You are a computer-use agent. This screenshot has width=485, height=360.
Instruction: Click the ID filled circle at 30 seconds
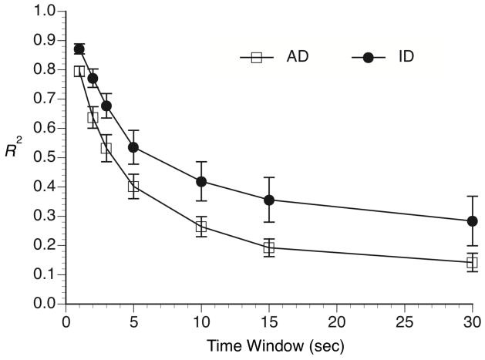[472, 221]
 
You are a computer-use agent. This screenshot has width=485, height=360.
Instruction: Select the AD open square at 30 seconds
[472, 262]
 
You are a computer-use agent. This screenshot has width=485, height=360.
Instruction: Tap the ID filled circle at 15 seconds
[269, 200]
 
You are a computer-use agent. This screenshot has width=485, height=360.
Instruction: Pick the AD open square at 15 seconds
[269, 247]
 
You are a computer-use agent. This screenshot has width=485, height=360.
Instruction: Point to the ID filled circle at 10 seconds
[201, 181]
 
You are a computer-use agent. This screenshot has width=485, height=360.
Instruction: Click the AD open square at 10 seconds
[201, 227]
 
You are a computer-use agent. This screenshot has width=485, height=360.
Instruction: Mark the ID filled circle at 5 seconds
[133, 147]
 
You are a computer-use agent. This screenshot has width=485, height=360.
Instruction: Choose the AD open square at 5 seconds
[133, 186]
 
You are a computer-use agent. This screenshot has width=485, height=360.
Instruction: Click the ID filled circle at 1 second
[79, 49]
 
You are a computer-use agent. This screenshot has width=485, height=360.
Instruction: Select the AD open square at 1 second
[79, 71]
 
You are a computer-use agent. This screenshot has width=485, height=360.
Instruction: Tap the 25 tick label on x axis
[404, 318]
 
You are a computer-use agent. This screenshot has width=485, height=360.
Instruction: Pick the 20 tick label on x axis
[336, 318]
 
